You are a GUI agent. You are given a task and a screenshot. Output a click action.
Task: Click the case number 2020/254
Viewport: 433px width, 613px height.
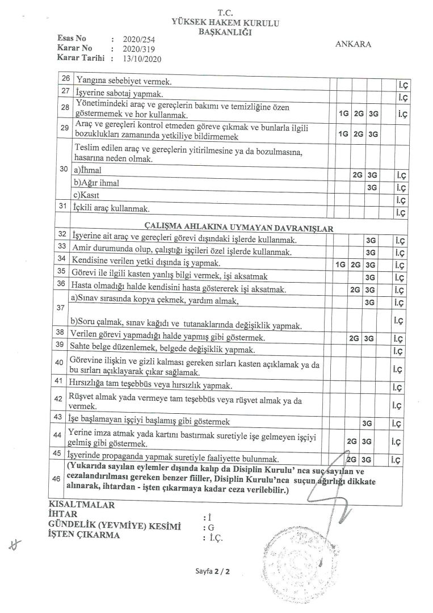tap(139, 40)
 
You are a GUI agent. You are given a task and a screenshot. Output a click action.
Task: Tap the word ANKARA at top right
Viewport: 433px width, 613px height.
tap(354, 45)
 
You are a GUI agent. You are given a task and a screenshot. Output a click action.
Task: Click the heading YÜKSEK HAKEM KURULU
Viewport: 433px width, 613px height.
tap(229, 23)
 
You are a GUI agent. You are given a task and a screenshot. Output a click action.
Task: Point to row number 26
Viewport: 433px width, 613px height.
tap(65, 81)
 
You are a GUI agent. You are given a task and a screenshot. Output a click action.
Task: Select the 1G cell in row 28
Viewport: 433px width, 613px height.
tap(343, 113)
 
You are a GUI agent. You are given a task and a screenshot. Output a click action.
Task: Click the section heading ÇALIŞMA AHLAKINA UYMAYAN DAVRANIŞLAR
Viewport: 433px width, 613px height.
tap(239, 228)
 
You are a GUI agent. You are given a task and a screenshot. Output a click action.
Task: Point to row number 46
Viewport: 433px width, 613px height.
tap(56, 478)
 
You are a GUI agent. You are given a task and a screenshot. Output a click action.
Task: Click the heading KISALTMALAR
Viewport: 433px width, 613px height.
tap(82, 505)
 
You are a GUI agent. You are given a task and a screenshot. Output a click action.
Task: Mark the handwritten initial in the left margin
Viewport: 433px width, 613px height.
tap(15, 545)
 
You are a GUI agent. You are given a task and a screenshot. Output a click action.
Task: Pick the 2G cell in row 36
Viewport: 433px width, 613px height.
tap(356, 289)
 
